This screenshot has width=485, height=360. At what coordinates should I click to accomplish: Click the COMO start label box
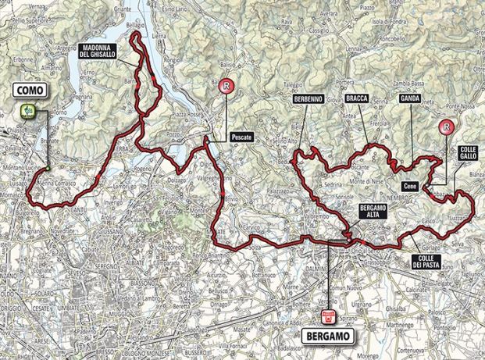pyautogui.click(x=28, y=92)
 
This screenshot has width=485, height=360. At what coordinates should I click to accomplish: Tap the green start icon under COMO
pyautogui.click(x=28, y=111)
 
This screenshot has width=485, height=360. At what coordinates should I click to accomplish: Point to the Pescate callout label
pyautogui.click(x=243, y=136)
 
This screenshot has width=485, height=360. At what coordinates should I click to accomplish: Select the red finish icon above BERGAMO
pyautogui.click(x=329, y=317)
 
